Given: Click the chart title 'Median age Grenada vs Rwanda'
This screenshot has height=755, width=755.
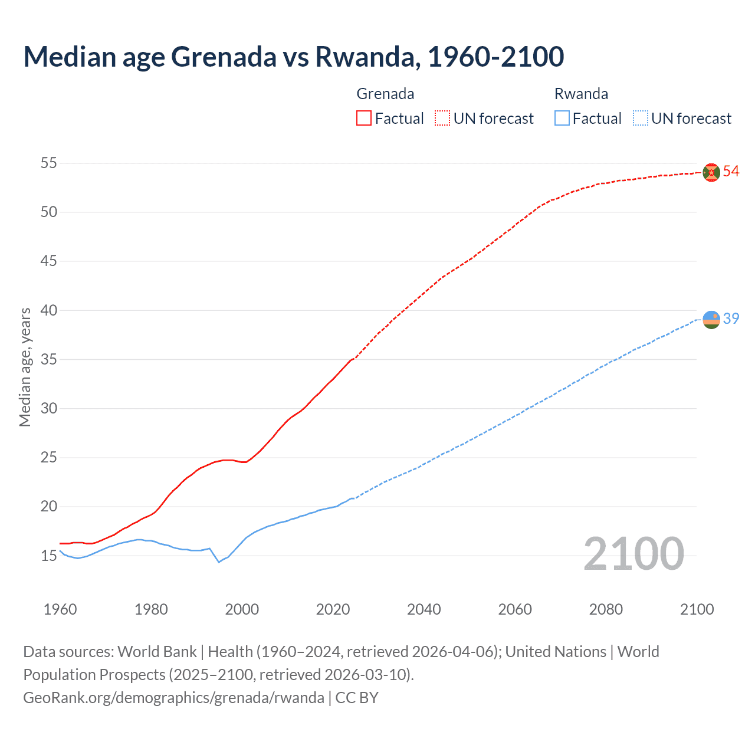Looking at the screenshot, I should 293,57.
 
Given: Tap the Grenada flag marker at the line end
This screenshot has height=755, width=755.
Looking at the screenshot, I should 711,172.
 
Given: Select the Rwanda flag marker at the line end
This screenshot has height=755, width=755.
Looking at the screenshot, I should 711,319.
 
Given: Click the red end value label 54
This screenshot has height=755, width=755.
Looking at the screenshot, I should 731,172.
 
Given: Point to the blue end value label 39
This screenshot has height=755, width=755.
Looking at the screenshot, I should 731,319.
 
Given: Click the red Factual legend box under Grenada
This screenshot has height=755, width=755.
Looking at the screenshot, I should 364,119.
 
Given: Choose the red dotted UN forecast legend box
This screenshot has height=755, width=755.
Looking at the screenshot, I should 442,119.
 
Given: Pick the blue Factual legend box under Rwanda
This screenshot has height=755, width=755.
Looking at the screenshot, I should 562,119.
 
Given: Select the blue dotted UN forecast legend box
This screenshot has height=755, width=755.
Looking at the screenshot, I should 641,119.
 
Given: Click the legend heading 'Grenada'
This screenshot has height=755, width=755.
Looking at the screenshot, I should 385,94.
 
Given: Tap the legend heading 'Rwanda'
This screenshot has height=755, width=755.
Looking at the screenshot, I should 581,94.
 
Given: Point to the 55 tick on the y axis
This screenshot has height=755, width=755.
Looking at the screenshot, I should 48,163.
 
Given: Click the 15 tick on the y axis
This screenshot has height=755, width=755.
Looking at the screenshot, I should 48,556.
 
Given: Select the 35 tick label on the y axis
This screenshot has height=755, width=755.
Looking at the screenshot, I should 48,359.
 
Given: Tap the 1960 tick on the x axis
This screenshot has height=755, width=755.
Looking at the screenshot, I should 60,609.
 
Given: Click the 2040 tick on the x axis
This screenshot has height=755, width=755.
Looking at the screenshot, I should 424,609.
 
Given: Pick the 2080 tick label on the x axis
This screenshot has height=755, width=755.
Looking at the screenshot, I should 606,609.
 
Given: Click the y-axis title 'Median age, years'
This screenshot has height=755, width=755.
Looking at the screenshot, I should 25,367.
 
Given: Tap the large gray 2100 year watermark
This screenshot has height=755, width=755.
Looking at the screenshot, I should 633,554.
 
